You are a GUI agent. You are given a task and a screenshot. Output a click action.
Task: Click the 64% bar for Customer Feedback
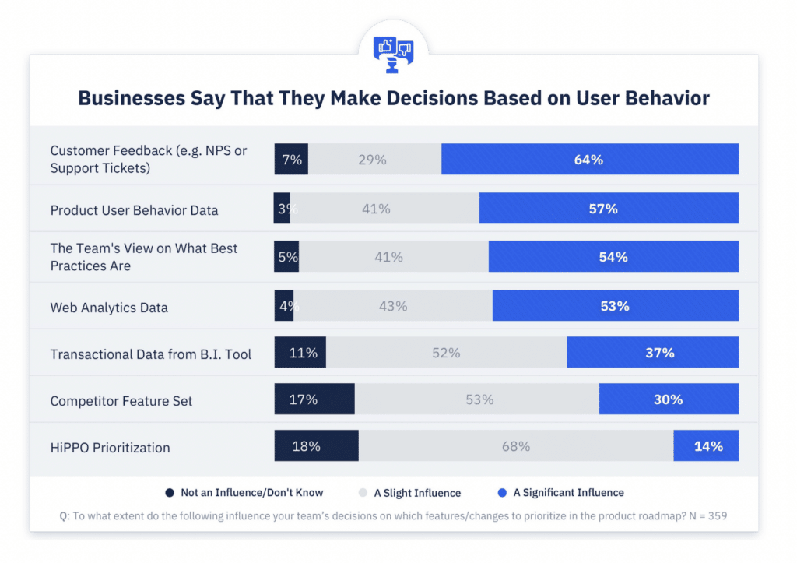[x=589, y=160]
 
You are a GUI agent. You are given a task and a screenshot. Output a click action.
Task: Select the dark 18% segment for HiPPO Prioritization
[x=316, y=446]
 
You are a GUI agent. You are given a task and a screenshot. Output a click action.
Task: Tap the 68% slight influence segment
[x=515, y=446]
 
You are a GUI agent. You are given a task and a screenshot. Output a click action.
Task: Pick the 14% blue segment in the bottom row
[x=706, y=446]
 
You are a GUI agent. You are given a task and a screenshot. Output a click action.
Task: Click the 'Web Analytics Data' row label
[x=109, y=308]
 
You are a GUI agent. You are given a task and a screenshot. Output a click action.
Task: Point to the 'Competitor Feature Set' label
[x=121, y=401]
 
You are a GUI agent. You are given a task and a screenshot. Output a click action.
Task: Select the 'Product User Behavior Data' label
[x=134, y=210]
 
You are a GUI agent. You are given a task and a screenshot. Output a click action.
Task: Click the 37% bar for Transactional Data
[x=652, y=353]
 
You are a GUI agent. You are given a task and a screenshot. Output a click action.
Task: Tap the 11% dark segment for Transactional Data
[x=300, y=353]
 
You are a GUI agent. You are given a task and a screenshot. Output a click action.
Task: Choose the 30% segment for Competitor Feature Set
[x=669, y=399]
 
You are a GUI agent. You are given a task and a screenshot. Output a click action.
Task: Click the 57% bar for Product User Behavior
[x=609, y=209]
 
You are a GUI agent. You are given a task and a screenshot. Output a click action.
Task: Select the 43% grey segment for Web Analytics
[x=393, y=306]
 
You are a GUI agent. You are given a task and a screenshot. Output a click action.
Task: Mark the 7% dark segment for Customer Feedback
[x=291, y=160]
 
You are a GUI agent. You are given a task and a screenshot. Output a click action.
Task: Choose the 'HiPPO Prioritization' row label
[x=110, y=448]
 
